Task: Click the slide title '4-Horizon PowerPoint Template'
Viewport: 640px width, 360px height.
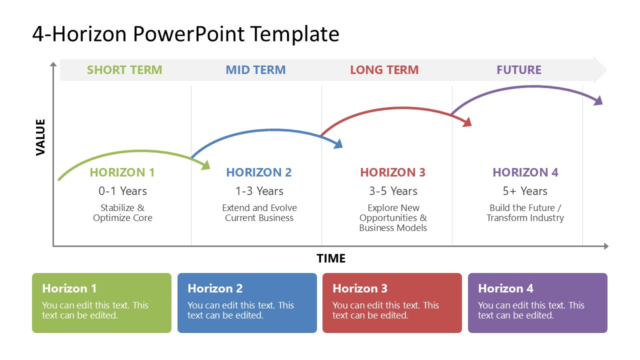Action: coord(185,34)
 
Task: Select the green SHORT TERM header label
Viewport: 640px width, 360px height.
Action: coord(124,70)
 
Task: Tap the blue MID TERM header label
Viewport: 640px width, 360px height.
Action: coord(255,70)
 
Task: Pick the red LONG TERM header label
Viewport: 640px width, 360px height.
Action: coord(384,70)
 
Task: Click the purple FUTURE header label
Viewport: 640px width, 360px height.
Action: coord(518,70)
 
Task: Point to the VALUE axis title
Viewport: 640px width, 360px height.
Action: coord(40,137)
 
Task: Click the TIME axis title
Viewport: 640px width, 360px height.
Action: coord(330,258)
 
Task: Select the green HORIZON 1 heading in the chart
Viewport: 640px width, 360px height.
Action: coord(122,172)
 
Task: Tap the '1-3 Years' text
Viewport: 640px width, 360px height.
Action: coord(259,191)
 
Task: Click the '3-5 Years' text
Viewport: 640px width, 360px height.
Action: coord(392,191)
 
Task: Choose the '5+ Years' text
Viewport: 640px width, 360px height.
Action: coord(524,191)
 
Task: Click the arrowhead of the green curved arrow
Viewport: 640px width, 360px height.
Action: coord(205,165)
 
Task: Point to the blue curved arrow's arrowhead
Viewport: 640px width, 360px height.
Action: coord(338,144)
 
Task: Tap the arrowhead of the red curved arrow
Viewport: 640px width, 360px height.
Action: coord(467,122)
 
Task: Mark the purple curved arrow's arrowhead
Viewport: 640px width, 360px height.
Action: coord(598,100)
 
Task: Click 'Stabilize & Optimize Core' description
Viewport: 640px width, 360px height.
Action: coord(122,213)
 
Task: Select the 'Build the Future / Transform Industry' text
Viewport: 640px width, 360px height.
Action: coord(525,213)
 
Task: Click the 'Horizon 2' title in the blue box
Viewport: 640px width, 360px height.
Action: coord(215,288)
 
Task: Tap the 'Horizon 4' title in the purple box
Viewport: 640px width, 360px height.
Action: coord(505,288)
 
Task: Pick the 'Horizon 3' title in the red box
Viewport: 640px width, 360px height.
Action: coord(360,288)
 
